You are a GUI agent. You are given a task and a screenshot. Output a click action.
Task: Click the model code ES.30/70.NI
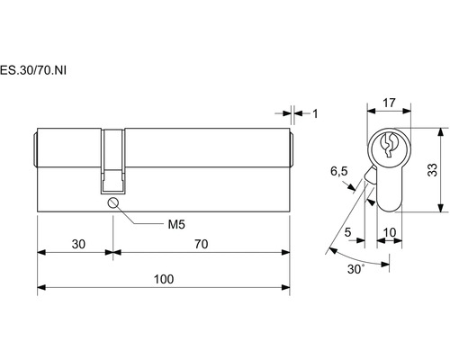click(33, 70)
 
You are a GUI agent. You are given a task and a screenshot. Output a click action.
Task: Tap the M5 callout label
click(176, 224)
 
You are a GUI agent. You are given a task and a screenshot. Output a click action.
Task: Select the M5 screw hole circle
click(113, 202)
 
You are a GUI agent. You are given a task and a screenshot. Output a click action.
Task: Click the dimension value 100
click(164, 279)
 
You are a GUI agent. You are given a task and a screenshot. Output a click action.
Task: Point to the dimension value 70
click(202, 244)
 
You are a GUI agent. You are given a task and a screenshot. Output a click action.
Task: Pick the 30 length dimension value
click(78, 244)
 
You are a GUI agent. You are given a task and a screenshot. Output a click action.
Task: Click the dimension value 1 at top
click(315, 113)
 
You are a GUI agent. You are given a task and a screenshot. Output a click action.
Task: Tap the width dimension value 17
click(389, 103)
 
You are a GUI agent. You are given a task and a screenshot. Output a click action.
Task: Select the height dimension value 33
click(432, 170)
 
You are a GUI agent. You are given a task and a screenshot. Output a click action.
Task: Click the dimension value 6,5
click(339, 172)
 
